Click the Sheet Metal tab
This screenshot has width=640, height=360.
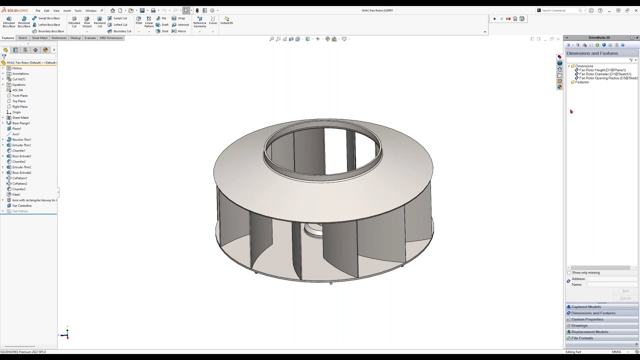(x=39, y=38)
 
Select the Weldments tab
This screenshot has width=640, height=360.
(x=58, y=38)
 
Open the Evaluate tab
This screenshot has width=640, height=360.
(x=90, y=38)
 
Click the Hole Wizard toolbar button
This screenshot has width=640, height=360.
(x=87, y=22)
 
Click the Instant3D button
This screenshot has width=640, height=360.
(x=226, y=20)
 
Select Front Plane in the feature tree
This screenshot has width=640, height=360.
(x=20, y=95)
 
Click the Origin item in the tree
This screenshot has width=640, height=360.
(x=16, y=112)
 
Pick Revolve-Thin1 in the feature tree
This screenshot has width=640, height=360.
(x=21, y=139)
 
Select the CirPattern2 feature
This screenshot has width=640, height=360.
(x=19, y=183)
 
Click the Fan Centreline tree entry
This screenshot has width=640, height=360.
(x=21, y=205)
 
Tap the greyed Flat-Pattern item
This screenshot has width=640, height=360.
(x=20, y=211)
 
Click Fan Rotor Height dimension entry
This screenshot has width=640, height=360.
(x=602, y=70)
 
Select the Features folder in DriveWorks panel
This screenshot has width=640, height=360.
(x=581, y=82)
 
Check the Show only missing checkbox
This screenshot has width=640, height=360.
(x=569, y=272)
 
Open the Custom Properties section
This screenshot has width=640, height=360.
(x=587, y=319)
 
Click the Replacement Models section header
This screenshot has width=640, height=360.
(x=589, y=332)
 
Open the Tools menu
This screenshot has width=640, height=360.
(x=77, y=10)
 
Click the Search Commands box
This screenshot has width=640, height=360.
(x=558, y=10)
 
